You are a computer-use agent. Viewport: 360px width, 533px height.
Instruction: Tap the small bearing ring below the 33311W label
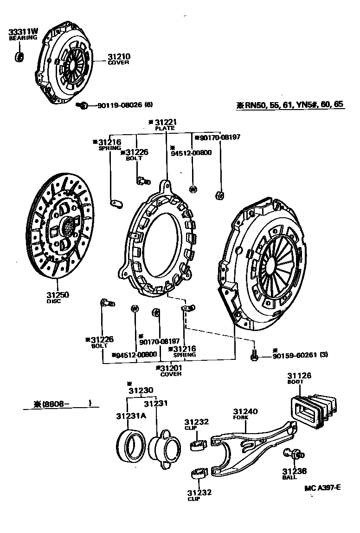pos(20,57)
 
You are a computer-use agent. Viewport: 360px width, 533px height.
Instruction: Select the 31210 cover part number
pos(119,57)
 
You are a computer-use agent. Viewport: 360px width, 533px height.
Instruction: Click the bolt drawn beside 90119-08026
pos(83,106)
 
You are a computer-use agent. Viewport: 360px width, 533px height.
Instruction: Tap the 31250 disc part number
pos(57,295)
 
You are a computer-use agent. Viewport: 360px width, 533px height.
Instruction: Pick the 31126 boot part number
pos(299,376)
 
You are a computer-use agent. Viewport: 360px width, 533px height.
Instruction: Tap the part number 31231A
pos(131,415)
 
